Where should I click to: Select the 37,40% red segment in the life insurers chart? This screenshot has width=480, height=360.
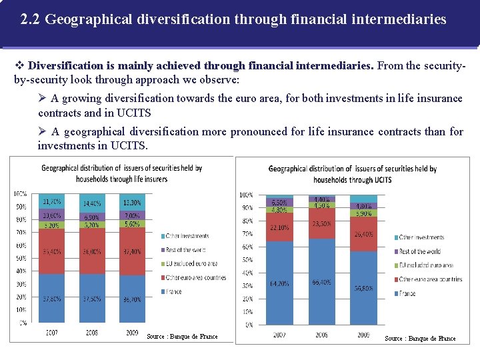coord(133,251)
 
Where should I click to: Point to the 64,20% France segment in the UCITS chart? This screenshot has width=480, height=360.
coord(279,283)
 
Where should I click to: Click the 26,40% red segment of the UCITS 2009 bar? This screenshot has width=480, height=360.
coord(363,234)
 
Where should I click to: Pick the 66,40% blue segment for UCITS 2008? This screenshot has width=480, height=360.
coord(321,281)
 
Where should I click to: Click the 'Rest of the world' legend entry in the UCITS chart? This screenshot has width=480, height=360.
coord(419,251)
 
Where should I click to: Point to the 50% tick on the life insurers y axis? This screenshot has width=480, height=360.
coord(22,258)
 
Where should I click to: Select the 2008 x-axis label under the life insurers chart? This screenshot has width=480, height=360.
coord(91,331)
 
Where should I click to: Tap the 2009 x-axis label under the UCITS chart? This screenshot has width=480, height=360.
coord(363,335)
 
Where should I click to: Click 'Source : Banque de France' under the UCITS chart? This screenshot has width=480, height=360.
coord(420,339)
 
